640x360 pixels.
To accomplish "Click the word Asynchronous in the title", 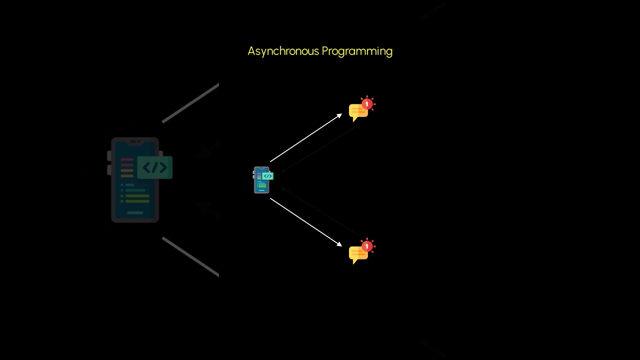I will (283, 51).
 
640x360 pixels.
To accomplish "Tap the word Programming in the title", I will (357, 51).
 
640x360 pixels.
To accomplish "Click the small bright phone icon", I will (261, 180).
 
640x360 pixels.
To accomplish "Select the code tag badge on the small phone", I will (268, 176).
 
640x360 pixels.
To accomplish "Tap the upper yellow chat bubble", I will (358, 112).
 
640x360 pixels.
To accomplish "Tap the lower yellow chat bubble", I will (358, 254).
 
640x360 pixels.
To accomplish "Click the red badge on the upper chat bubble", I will (367, 104).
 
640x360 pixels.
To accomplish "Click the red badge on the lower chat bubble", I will (367, 246).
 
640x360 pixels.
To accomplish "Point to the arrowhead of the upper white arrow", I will (339, 115).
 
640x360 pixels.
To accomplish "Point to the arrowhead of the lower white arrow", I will (339, 244).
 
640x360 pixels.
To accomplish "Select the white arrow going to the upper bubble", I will (305, 138).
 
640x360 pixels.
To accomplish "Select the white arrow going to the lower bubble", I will (305, 221).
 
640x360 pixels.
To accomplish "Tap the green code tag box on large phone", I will (155, 167).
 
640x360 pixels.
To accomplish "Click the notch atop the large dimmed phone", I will (135, 142).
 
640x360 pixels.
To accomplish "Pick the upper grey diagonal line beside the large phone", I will (190, 102).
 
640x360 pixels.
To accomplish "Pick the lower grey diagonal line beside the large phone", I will (190, 256).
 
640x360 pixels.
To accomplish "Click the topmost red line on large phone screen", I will (127, 159).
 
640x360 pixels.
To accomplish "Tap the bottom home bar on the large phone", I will (135, 213).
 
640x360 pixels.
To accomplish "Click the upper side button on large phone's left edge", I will (109, 156).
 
